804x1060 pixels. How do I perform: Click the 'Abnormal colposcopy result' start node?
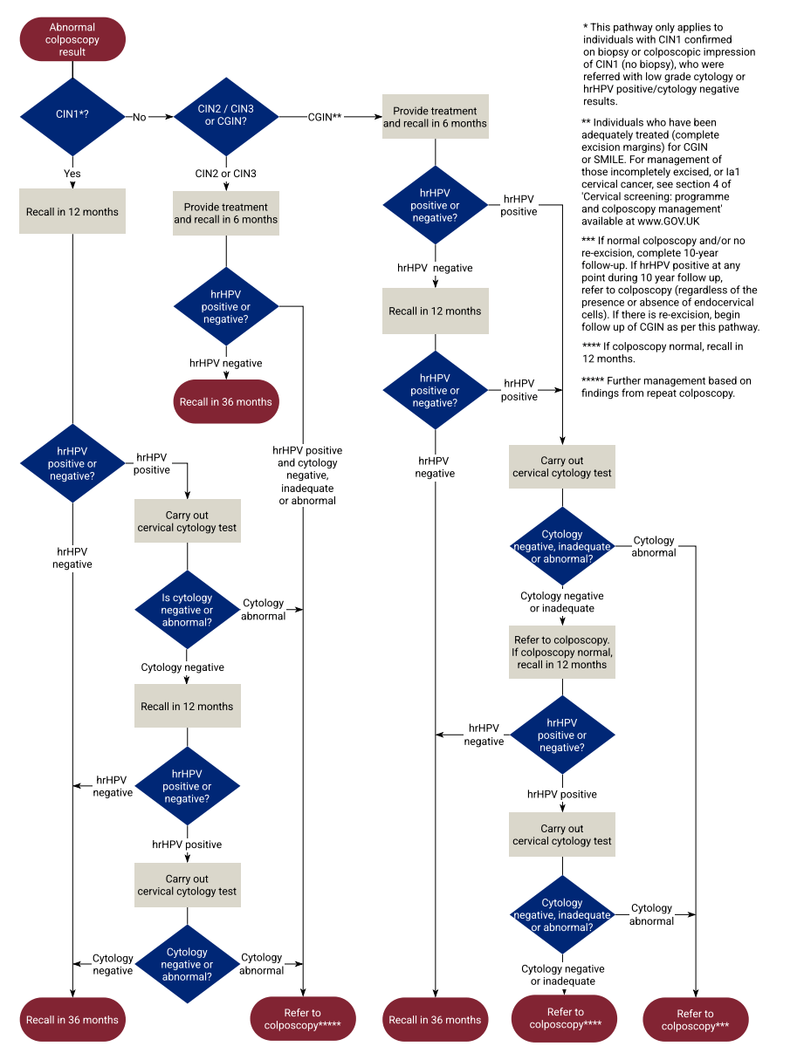click(72, 40)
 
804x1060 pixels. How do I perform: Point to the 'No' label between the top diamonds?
click(140, 117)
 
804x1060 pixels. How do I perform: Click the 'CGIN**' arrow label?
click(324, 117)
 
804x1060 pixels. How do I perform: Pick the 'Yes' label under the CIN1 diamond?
click(72, 174)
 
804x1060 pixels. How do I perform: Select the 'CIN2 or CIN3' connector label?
click(225, 174)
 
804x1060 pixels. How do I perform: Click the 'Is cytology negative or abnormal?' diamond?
click(187, 611)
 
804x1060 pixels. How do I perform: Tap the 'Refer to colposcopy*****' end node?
click(302, 1019)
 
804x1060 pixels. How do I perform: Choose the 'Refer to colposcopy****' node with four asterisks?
click(565, 1019)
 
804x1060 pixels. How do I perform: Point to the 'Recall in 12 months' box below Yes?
click(72, 212)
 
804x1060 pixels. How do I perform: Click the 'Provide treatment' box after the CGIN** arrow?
click(435, 117)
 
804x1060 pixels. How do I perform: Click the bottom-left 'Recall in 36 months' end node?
click(72, 1019)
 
